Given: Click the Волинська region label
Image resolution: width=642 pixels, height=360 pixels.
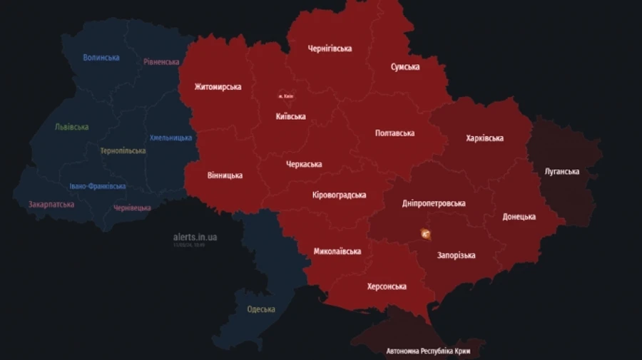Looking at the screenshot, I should [x=101, y=57].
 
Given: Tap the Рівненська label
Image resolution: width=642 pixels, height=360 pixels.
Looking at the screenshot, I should [x=161, y=62].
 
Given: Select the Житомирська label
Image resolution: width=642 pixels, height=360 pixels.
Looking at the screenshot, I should [x=218, y=87].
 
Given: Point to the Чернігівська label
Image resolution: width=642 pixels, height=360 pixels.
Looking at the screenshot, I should [x=330, y=48].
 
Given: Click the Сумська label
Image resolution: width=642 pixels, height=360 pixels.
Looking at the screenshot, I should [x=405, y=67].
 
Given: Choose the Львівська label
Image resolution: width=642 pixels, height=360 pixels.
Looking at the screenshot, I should [x=72, y=127].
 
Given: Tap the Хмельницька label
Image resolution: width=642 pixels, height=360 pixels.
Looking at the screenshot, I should [x=171, y=138].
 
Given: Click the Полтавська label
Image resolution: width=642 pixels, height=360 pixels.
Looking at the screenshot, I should [x=395, y=133].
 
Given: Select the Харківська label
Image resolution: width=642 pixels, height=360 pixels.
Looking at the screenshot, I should [x=484, y=138].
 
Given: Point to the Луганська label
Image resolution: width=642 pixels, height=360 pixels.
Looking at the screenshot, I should [x=561, y=172].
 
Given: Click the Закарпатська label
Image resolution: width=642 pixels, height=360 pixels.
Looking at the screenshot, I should [x=51, y=204].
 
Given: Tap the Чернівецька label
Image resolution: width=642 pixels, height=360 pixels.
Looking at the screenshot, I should [x=132, y=208].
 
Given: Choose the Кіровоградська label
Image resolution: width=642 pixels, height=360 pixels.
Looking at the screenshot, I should [x=340, y=195].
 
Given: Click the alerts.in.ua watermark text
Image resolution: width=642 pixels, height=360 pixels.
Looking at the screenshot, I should [x=195, y=237].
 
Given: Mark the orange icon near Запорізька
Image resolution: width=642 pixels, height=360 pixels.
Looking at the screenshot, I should [x=426, y=233].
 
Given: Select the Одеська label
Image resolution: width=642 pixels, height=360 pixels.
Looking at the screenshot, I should [x=261, y=309].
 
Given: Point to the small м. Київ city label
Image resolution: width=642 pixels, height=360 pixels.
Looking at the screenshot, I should [x=285, y=96].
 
